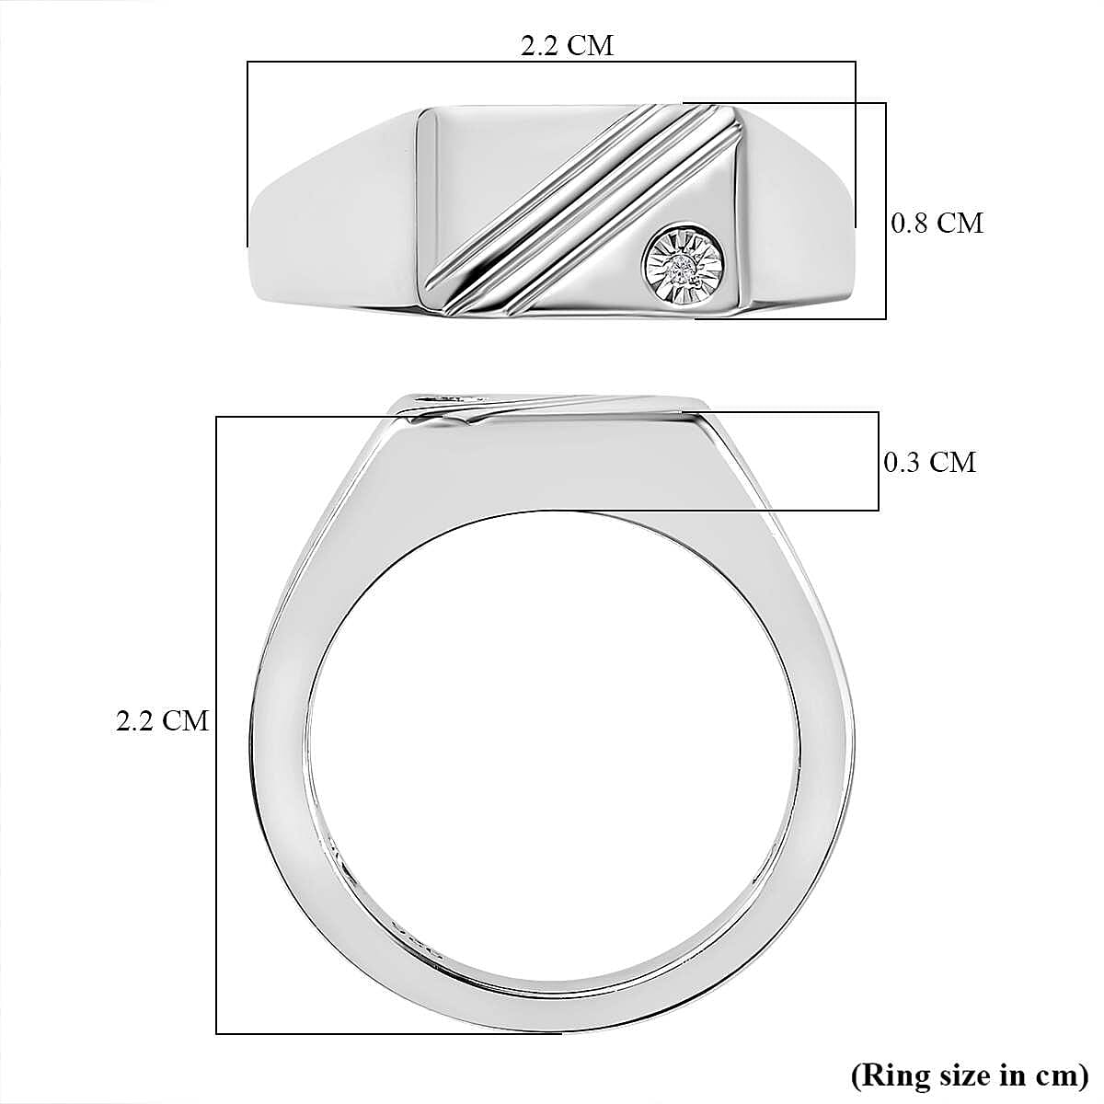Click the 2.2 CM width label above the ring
pyautogui.click(x=566, y=44)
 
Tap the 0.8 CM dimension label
pyautogui.click(x=937, y=223)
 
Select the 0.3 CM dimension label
pyautogui.click(x=929, y=462)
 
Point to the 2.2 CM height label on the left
pyautogui.click(x=163, y=720)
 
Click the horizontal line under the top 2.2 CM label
pyautogui.click(x=552, y=63)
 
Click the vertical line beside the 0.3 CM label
pyautogui.click(x=879, y=462)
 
